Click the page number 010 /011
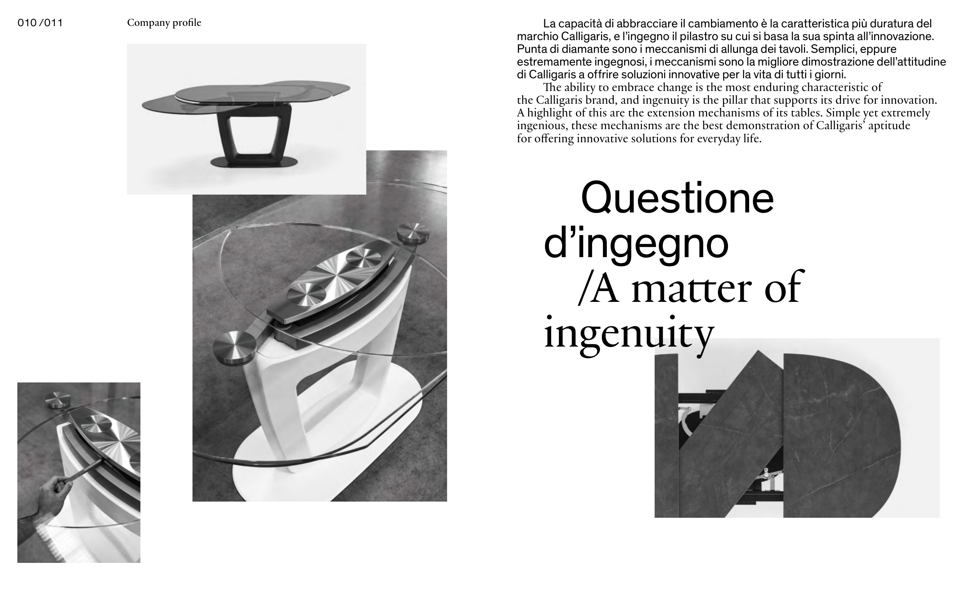tap(40, 23)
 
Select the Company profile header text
tap(164, 23)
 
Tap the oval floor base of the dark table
tap(254, 162)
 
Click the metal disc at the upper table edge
tap(413, 233)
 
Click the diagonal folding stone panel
tap(731, 434)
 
